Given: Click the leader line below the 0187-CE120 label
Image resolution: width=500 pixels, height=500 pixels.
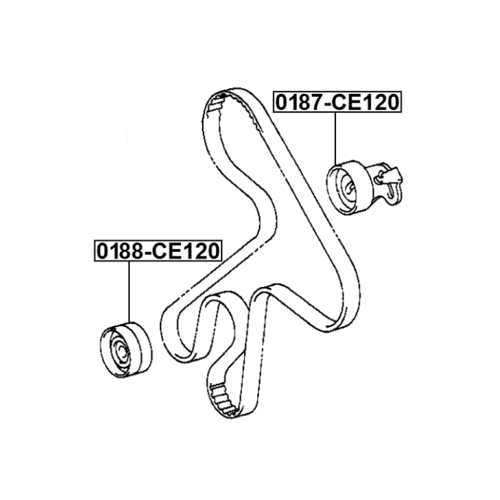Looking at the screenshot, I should (335, 137).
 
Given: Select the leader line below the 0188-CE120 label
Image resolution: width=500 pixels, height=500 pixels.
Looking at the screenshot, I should (130, 290).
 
